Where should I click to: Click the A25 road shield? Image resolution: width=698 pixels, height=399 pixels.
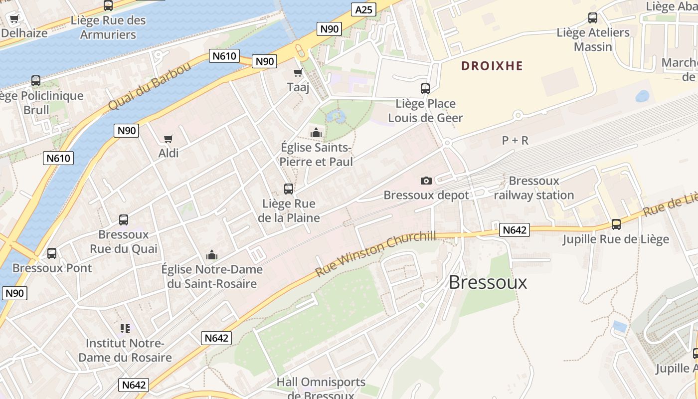tap(363, 9)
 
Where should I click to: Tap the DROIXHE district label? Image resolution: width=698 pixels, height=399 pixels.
tap(492, 66)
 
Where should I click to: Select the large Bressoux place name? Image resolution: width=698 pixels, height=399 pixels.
tap(488, 282)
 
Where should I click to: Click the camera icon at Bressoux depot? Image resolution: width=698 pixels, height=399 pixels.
tap(426, 181)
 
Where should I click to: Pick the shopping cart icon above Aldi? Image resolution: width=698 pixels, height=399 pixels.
tap(169, 139)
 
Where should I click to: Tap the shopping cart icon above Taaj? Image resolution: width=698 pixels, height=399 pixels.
tap(298, 73)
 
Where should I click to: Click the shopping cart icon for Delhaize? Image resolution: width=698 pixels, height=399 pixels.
tap(14, 19)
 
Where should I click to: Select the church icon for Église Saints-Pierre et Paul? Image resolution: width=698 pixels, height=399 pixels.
tap(316, 133)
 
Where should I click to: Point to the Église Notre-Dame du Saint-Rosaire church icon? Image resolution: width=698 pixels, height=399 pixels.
tap(212, 255)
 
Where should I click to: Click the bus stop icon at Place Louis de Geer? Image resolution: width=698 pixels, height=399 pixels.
tap(425, 89)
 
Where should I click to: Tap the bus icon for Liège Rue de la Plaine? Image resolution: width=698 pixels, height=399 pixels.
tap(289, 189)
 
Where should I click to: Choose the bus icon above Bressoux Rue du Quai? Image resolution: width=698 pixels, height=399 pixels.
tap(124, 220)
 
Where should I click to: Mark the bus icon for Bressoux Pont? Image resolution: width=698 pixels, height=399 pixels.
tap(52, 253)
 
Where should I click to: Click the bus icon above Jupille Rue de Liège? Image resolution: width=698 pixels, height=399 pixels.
tap(616, 224)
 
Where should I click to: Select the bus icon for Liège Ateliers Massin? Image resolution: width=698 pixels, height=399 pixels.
tap(593, 18)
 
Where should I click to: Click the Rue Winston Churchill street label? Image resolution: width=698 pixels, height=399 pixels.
tap(376, 254)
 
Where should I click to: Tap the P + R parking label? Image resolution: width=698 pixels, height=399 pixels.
tap(515, 141)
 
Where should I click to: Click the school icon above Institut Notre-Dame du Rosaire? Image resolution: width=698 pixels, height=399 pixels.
tap(125, 328)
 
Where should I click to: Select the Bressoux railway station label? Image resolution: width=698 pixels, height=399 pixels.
tap(534, 188)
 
